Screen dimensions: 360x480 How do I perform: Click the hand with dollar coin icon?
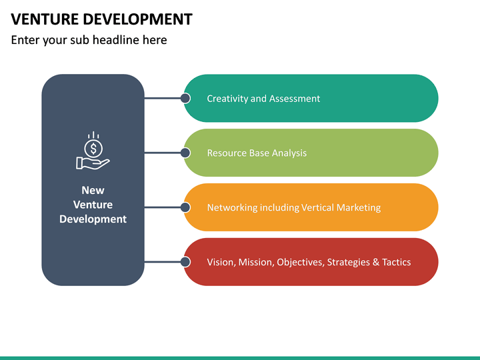pyautogui.click(x=93, y=151)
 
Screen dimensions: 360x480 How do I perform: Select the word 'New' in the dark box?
pyautogui.click(x=93, y=190)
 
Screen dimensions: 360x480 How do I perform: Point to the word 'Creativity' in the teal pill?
pyautogui.click(x=227, y=99)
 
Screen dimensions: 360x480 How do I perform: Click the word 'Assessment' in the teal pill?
pyautogui.click(x=295, y=99)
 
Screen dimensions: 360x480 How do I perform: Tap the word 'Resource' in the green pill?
pyautogui.click(x=227, y=153)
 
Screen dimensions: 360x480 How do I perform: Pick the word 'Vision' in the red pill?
pyautogui.click(x=220, y=263)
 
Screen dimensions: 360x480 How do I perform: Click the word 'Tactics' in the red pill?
pyautogui.click(x=396, y=263)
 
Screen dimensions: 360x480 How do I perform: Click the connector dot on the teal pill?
pyautogui.click(x=185, y=98)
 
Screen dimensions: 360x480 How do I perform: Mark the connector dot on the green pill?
pyautogui.click(x=185, y=153)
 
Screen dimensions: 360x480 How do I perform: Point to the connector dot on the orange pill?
pyautogui.click(x=185, y=207)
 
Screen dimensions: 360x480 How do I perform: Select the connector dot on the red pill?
pyautogui.click(x=185, y=262)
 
